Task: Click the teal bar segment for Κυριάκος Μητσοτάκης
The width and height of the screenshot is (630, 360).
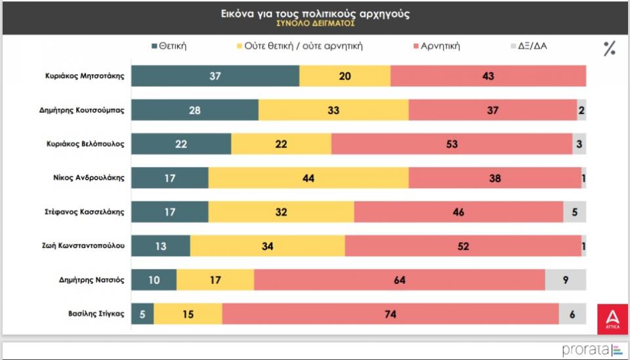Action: click(215, 76)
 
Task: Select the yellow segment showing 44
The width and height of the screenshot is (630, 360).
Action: click(308, 178)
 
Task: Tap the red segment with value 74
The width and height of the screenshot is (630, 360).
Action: click(390, 314)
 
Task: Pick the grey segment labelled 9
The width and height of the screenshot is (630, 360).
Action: click(566, 280)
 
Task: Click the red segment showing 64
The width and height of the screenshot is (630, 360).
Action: click(399, 280)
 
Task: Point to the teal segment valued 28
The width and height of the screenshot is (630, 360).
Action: click(195, 110)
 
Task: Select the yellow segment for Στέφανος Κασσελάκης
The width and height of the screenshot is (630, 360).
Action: click(281, 212)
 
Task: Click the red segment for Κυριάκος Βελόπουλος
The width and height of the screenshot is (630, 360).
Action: click(451, 144)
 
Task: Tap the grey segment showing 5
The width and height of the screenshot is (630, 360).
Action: click(574, 212)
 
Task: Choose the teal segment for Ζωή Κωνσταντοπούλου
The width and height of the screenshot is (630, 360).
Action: click(161, 246)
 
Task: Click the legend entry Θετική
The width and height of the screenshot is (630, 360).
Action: click(169, 46)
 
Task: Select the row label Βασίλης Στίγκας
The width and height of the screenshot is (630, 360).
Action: click(96, 314)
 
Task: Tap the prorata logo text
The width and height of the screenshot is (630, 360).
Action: click(585, 350)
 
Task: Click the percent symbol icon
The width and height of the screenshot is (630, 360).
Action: click(610, 49)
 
